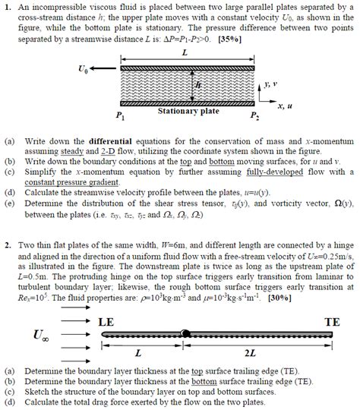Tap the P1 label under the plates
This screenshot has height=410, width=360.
(x=119, y=117)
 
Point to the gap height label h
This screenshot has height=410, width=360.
(x=198, y=86)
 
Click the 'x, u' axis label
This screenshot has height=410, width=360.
(x=286, y=106)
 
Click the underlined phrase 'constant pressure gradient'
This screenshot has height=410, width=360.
(x=64, y=184)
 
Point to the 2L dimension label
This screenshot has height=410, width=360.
(x=250, y=353)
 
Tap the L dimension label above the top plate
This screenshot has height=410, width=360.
(x=185, y=51)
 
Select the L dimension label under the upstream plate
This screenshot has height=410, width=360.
(x=137, y=353)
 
